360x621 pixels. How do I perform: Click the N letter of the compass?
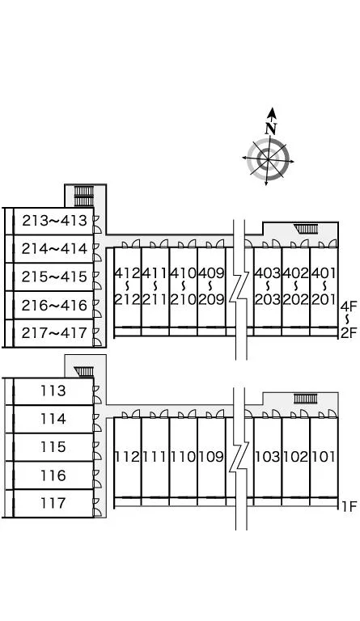point(271,129)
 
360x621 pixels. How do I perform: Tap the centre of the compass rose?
point(268,159)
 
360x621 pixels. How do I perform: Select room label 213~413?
point(54,221)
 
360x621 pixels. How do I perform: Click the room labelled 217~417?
point(54,333)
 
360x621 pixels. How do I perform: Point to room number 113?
point(53,391)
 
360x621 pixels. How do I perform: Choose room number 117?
point(53,504)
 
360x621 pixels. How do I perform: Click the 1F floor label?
point(349,506)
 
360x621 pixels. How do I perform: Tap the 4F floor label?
point(349,306)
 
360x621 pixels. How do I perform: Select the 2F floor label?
point(349,333)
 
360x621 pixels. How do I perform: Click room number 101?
point(324,457)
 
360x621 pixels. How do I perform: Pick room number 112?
point(128,457)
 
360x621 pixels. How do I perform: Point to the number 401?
point(324,272)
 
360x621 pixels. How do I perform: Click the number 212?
point(128,299)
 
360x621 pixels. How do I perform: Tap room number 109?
point(211,457)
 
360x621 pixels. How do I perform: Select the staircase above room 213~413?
point(84,196)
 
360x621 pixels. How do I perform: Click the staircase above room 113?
point(84,371)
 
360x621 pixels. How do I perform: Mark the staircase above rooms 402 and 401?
point(306,229)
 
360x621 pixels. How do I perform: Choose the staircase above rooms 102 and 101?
point(305,399)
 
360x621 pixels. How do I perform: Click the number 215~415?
point(54,277)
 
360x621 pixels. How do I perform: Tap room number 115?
point(53,447)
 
